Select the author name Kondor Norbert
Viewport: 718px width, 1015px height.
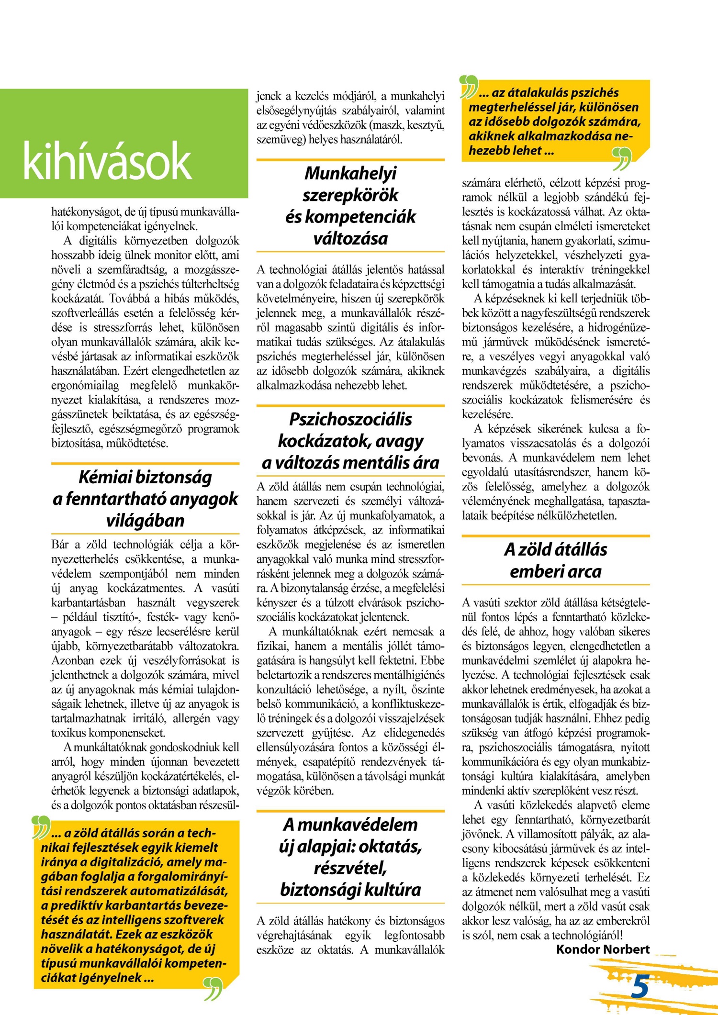[603, 949]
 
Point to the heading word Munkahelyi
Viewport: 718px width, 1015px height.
[350, 173]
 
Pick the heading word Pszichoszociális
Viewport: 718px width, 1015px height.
[350, 419]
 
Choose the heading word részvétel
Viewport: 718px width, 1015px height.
[350, 868]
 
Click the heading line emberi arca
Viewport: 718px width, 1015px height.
[555, 571]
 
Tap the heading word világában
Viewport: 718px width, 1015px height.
[145, 521]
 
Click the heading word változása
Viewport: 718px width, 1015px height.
[350, 238]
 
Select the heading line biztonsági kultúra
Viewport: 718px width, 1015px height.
[350, 890]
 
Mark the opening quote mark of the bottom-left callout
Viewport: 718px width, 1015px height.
[41, 827]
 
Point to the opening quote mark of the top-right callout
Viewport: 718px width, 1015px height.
[469, 86]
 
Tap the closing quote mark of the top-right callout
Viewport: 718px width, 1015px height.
[622, 159]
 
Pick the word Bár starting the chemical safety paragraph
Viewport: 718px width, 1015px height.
[60, 545]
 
